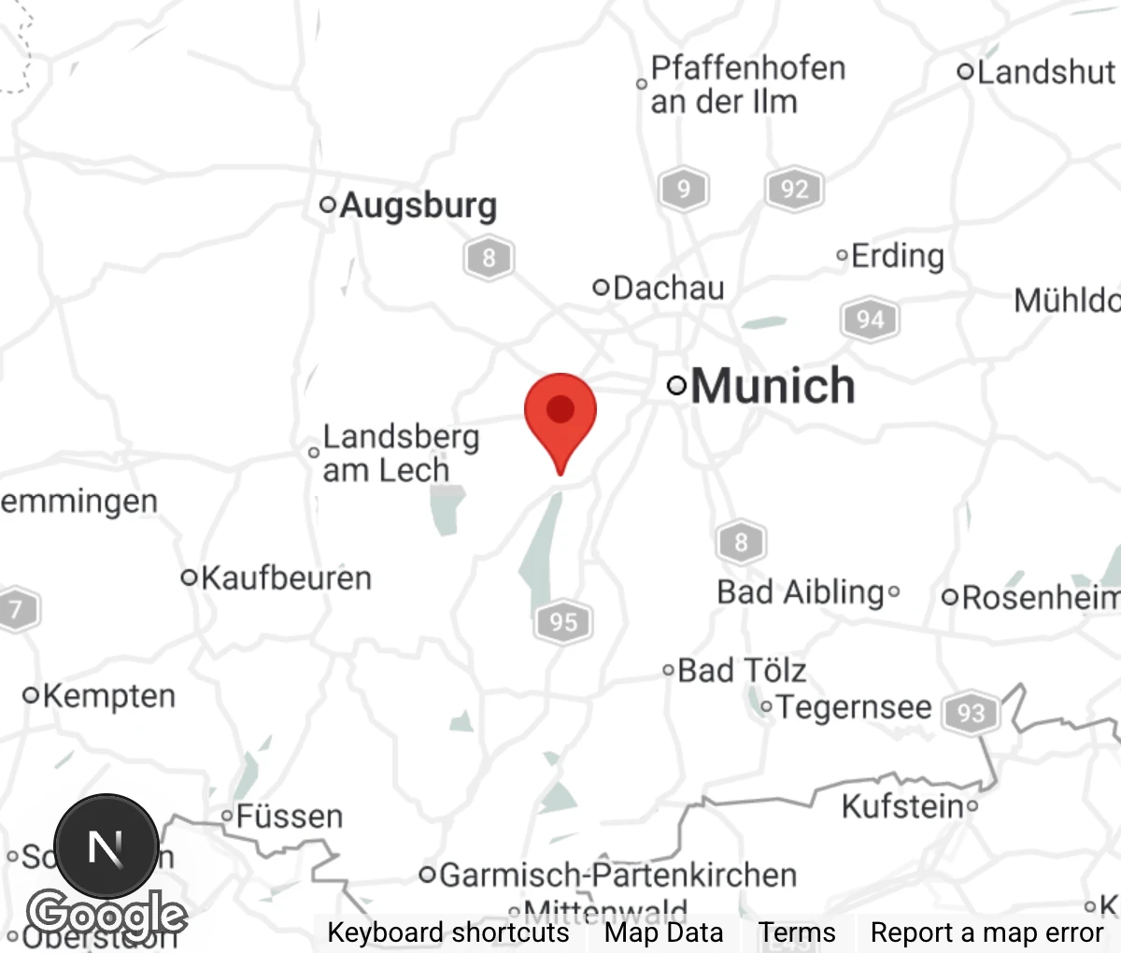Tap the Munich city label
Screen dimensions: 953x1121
coord(772,386)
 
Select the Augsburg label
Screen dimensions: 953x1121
coord(418,205)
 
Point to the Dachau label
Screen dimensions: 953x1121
coord(668,288)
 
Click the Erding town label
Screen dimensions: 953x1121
coord(897,255)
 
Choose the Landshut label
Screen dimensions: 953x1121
coord(1044,72)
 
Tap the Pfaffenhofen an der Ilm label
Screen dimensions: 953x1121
coord(747,84)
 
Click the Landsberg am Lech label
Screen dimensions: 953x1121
coord(400,453)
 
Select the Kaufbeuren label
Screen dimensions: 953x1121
coord(286,577)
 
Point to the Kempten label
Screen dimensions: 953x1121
coord(108,696)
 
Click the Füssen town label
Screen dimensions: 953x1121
coord(289,817)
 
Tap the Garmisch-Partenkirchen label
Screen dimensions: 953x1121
coord(617,875)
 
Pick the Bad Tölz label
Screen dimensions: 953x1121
coord(741,670)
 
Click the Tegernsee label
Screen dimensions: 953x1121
coord(853,707)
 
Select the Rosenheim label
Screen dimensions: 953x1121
coord(1040,597)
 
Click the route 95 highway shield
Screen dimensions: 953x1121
coord(563,621)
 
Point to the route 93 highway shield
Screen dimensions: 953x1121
coord(971,714)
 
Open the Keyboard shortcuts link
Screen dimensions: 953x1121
coord(447,932)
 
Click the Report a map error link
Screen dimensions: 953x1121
coord(986,932)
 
